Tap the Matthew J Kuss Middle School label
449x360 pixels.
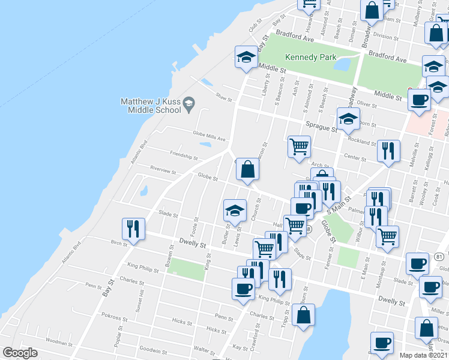coord(151,106)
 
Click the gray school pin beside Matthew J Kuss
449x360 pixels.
coord(188,104)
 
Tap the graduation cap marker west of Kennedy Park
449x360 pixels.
coord(246,58)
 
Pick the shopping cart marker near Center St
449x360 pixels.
coord(299,146)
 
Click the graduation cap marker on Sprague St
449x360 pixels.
coord(348,119)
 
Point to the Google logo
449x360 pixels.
coord(20,353)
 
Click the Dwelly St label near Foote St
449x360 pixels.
coord(192,245)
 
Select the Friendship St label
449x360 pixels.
coord(184,155)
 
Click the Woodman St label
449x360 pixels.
coord(59,341)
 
